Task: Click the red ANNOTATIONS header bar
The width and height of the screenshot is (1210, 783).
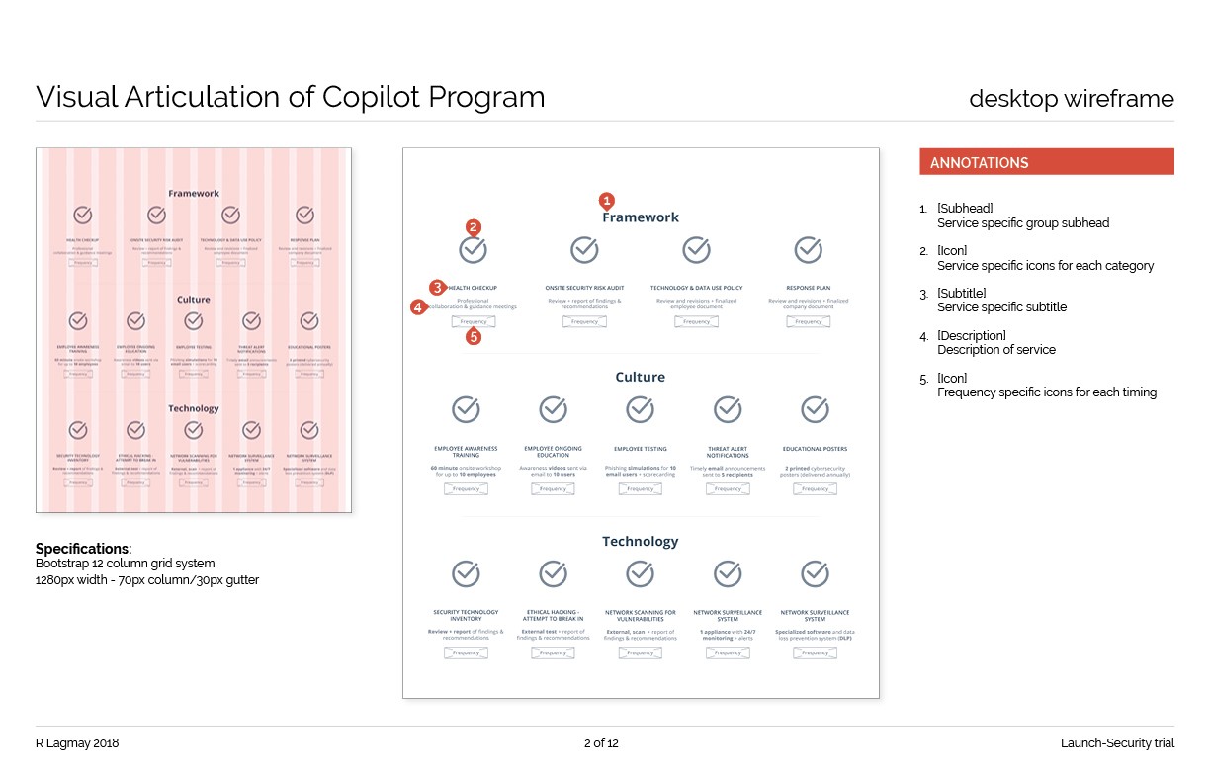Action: coord(1046,162)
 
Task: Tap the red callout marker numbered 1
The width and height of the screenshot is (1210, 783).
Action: coord(607,199)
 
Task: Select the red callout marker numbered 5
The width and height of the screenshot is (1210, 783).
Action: coord(474,336)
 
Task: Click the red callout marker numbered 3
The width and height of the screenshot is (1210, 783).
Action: coord(437,288)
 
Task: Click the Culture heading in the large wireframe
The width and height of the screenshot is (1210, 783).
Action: coord(640,377)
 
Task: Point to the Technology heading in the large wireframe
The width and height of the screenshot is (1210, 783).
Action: coord(640,541)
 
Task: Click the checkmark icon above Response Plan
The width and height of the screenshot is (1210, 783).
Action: coord(808,250)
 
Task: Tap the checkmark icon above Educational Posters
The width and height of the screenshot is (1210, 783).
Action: coord(814,409)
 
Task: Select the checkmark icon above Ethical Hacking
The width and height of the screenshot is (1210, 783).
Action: coord(553,573)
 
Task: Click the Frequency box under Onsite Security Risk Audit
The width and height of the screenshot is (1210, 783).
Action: coord(584,321)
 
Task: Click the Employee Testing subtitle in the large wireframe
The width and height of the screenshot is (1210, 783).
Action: coord(640,449)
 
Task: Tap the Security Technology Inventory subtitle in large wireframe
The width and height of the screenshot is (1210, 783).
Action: coord(466,615)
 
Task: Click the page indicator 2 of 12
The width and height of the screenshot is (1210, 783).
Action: coord(601,743)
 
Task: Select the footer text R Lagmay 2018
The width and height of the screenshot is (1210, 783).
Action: coord(77,743)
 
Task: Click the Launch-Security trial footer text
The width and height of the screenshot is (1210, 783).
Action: coord(1117,743)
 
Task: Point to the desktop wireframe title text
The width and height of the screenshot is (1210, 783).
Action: coord(1071,99)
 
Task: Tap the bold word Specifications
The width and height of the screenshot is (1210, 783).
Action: coord(82,549)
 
